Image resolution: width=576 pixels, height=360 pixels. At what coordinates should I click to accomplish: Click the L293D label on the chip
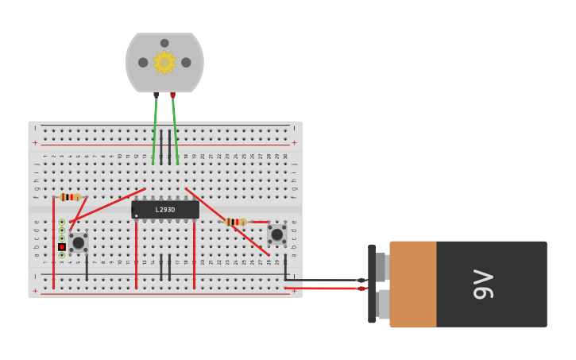[x=165, y=210]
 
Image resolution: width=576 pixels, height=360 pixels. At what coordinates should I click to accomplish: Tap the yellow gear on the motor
[x=164, y=62]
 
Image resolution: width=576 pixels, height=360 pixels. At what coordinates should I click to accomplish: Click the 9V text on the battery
[x=483, y=285]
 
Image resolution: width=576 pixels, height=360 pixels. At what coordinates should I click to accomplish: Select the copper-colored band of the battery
[x=412, y=284]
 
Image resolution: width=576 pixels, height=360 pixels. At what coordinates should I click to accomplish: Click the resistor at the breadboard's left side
[x=70, y=197]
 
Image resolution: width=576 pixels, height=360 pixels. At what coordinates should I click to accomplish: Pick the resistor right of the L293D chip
[x=235, y=222]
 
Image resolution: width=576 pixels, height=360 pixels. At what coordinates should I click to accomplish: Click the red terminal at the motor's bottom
[x=172, y=95]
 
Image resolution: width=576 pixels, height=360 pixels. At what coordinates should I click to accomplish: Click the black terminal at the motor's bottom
[x=156, y=95]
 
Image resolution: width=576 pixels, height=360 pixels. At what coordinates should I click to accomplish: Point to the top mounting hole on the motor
[x=164, y=43]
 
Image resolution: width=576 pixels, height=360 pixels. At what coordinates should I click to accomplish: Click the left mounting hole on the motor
[x=143, y=62]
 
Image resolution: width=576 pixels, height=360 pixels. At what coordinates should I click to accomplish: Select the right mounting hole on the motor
[x=186, y=62]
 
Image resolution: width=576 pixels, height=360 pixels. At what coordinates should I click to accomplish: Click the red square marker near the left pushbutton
[x=61, y=247]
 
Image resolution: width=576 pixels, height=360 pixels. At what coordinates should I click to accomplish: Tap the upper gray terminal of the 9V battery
[x=381, y=267]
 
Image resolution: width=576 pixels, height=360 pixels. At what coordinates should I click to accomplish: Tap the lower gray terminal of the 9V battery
[x=383, y=304]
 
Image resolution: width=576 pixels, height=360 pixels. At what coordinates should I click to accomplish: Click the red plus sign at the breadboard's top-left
[x=35, y=143]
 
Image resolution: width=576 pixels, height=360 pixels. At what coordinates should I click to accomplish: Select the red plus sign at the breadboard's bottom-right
[x=294, y=291]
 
